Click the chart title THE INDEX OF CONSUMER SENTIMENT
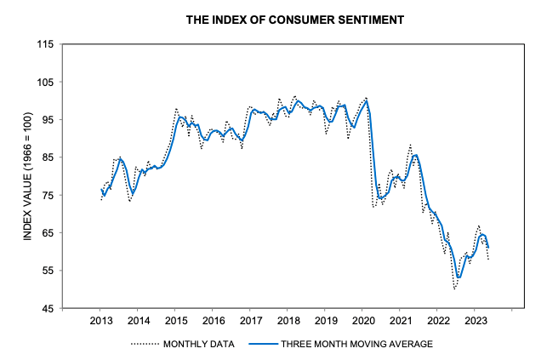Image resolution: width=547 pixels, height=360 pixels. [273, 18]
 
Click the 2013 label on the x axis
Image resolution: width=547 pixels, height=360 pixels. [100, 321]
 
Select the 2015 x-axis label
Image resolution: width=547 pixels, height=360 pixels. [175, 321]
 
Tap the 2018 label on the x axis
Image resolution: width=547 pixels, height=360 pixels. [288, 321]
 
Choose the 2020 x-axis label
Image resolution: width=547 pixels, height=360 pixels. [362, 321]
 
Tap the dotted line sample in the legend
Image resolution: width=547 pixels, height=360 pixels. [145, 344]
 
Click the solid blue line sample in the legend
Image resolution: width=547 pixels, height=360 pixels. [266, 344]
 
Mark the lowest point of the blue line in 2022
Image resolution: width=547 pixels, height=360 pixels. [459, 277]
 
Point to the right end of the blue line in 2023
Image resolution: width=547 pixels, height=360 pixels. [488, 247]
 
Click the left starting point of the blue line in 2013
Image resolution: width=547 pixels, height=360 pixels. [101, 190]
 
